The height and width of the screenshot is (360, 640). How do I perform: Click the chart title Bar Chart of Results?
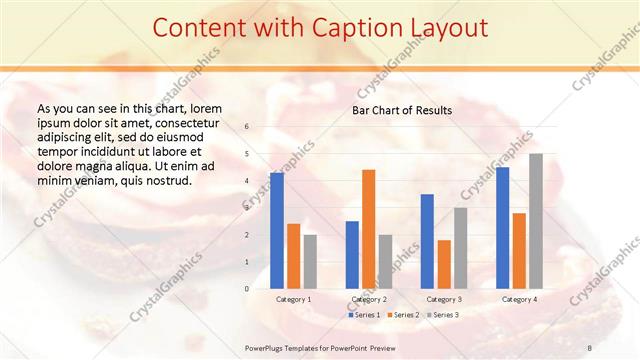pos(402,110)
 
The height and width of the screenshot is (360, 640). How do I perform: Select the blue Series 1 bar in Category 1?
pos(277,230)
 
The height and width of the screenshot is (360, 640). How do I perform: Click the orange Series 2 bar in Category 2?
pos(368,229)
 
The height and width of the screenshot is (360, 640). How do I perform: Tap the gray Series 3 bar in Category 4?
pos(536,221)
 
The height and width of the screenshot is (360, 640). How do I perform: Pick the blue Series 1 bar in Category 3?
pos(427,241)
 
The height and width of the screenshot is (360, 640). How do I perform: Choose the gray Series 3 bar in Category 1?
pos(310,261)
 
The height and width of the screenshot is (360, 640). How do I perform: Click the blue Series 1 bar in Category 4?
pos(502,227)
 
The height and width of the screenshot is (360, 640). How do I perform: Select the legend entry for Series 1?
pos(364,315)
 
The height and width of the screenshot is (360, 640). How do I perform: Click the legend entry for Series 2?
pos(402,315)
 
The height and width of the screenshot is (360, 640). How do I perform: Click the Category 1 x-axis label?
pos(294,299)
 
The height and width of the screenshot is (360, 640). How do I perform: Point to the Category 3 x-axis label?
pos(444,299)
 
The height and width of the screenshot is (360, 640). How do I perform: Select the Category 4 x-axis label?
pos(519,299)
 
